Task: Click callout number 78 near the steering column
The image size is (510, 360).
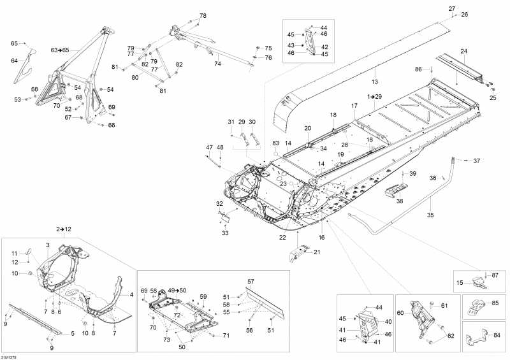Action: coord(203,15)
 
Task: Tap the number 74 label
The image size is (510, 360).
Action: coord(217,64)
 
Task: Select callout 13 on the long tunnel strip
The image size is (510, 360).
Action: coord(374,82)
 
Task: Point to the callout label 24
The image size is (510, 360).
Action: coord(463,51)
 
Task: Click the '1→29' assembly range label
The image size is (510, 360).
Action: coord(374,96)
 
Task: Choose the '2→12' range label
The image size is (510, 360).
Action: coord(63,229)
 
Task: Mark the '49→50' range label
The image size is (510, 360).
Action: coord(177,290)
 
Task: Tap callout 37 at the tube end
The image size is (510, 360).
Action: coord(476,161)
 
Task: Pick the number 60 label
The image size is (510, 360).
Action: coord(401,313)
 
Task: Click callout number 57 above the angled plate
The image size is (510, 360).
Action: coord(251,281)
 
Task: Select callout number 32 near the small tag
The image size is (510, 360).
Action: coord(219,204)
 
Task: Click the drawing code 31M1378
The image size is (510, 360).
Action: coord(10,356)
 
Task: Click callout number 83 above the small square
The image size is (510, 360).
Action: coord(276,143)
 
